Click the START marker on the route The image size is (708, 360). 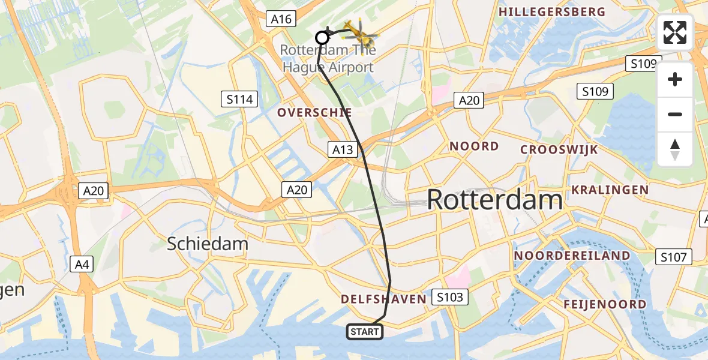pos(365,332)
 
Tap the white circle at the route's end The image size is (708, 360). pos(322,38)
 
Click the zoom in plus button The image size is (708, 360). pos(675,80)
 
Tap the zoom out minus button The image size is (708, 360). pos(675,114)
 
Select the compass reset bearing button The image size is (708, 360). pos(675,149)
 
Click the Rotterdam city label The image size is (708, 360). pos(495,200)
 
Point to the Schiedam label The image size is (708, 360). pos(208,244)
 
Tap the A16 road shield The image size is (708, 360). pos(281,19)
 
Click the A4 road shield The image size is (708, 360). pos(82,263)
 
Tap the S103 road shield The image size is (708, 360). pos(449,297)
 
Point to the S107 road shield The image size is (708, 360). pos(673,257)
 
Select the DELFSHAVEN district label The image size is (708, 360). pos(383,299)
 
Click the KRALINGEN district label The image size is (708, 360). pos(610,190)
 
